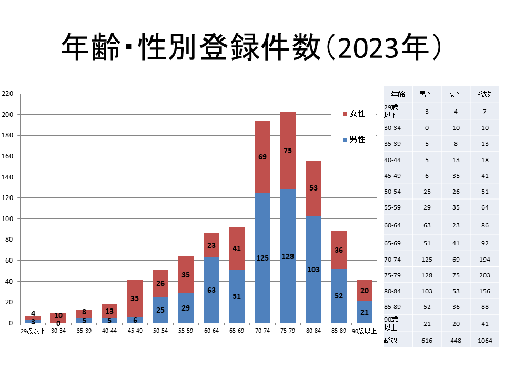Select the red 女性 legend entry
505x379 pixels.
tap(354, 114)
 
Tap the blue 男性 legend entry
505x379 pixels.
tap(354, 139)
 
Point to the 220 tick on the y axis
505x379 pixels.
tap(7, 94)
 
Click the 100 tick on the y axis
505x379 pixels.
tap(7, 218)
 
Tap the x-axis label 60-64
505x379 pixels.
tap(211, 331)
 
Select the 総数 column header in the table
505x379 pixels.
tap(484, 95)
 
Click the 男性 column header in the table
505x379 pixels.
tap(426, 95)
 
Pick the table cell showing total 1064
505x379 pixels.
tap(484, 341)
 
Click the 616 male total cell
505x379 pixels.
tap(426, 341)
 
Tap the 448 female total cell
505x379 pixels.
tap(455, 341)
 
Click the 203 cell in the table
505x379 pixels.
tap(484, 275)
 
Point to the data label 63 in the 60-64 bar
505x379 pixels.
tap(211, 290)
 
